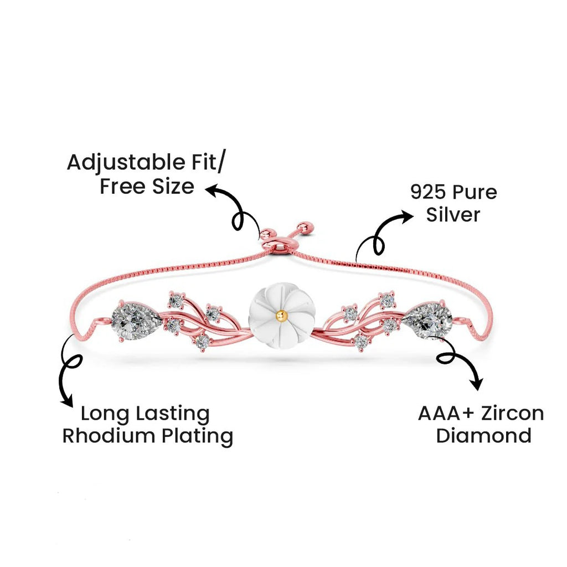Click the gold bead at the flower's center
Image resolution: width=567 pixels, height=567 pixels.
(x=281, y=315)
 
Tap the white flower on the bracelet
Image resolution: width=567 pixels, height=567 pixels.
(x=282, y=316)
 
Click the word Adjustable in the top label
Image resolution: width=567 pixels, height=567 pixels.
(x=126, y=163)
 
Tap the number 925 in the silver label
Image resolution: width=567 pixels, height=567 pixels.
(x=428, y=192)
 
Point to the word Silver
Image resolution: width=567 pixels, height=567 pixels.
(x=453, y=214)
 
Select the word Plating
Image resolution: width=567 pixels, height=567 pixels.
(x=197, y=437)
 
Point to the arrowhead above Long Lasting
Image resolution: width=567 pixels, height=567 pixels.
(x=67, y=400)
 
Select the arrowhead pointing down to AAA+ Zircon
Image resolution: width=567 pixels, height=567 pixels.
(x=477, y=383)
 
